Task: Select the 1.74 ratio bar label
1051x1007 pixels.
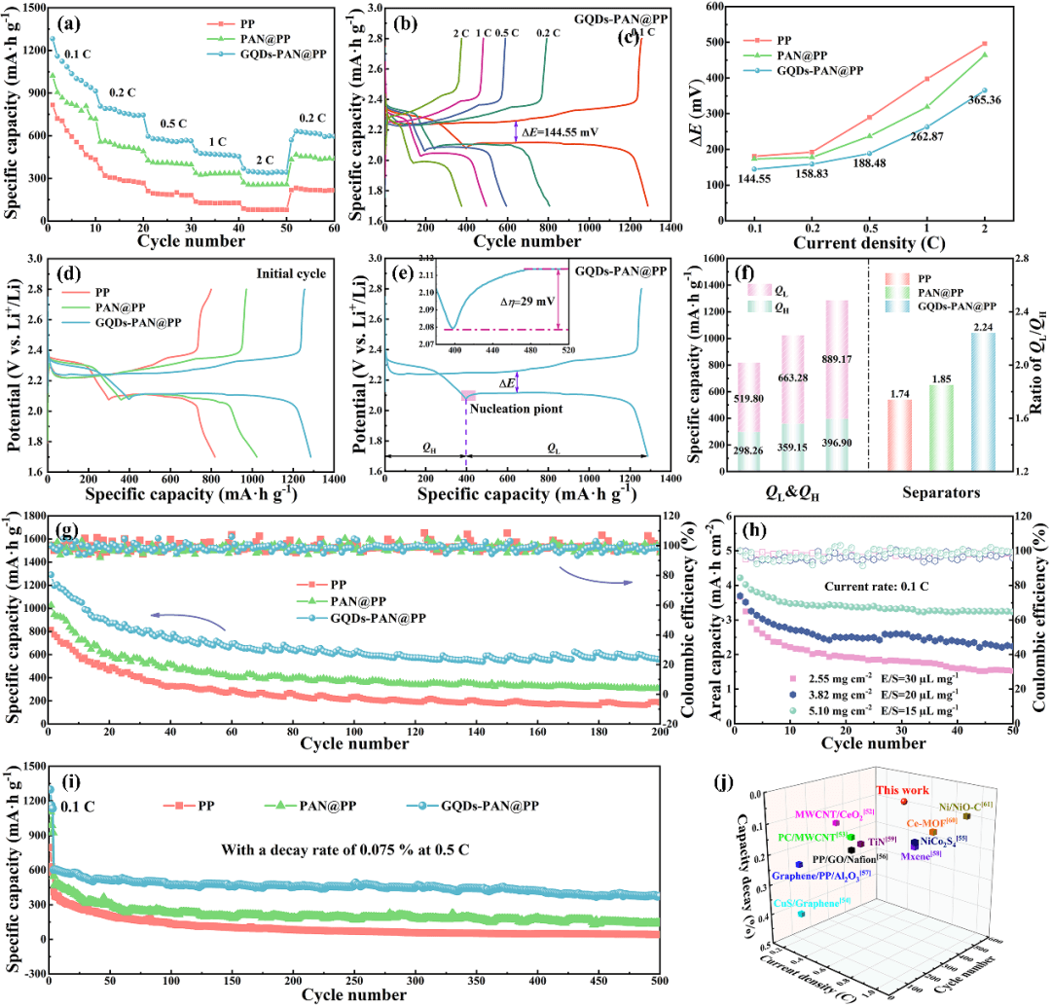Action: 898,391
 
